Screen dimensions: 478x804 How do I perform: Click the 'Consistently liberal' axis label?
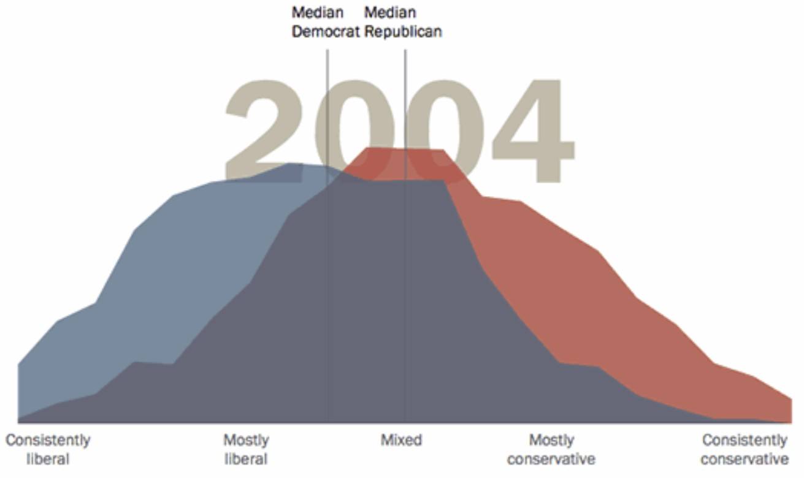[47, 449]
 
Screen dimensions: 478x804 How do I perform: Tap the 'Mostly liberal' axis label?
[246, 449]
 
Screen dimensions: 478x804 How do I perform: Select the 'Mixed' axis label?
[401, 440]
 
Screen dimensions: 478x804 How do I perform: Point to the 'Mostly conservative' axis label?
[551, 449]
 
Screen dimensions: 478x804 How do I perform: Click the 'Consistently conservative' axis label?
[745, 449]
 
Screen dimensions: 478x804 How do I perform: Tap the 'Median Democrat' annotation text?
[324, 22]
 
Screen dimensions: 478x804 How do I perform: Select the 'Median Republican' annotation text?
[403, 22]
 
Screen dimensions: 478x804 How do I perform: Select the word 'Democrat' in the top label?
[324, 32]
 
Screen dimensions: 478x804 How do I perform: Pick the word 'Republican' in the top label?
[403, 32]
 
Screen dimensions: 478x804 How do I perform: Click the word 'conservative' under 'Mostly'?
[551, 459]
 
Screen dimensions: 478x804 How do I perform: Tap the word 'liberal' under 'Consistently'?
[47, 459]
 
